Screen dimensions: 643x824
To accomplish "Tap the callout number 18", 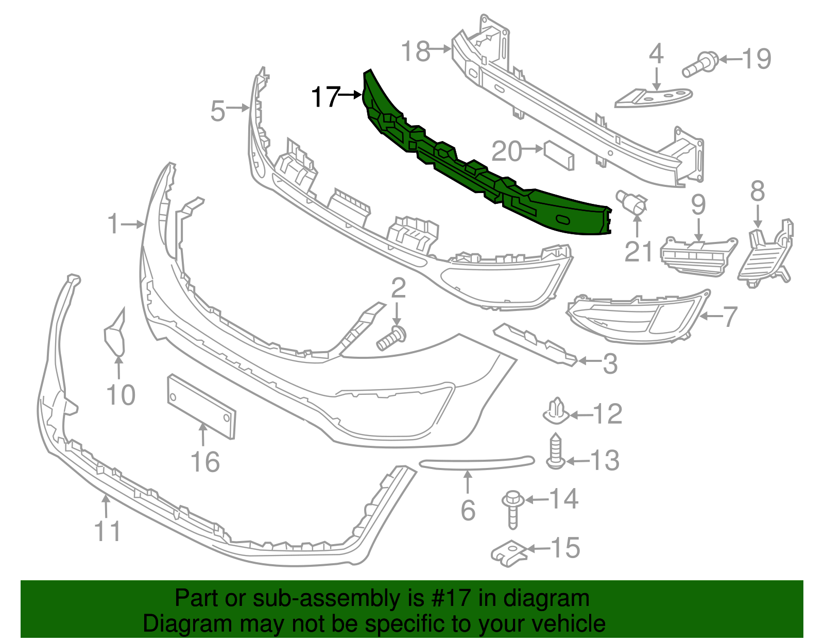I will (416, 51).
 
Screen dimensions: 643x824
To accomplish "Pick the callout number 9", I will (698, 205).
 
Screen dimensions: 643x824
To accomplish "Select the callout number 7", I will (730, 316).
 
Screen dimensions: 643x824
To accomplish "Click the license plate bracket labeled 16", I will (201, 407).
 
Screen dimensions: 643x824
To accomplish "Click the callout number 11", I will (108, 531).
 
